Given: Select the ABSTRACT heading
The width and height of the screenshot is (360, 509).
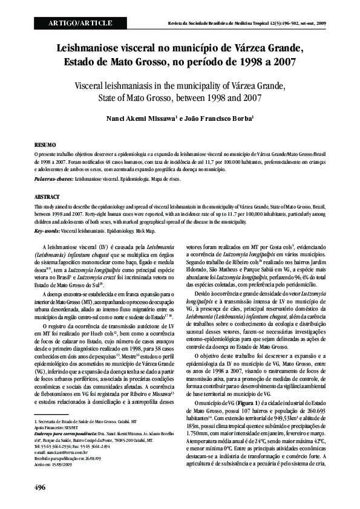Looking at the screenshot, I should click(47, 197).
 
